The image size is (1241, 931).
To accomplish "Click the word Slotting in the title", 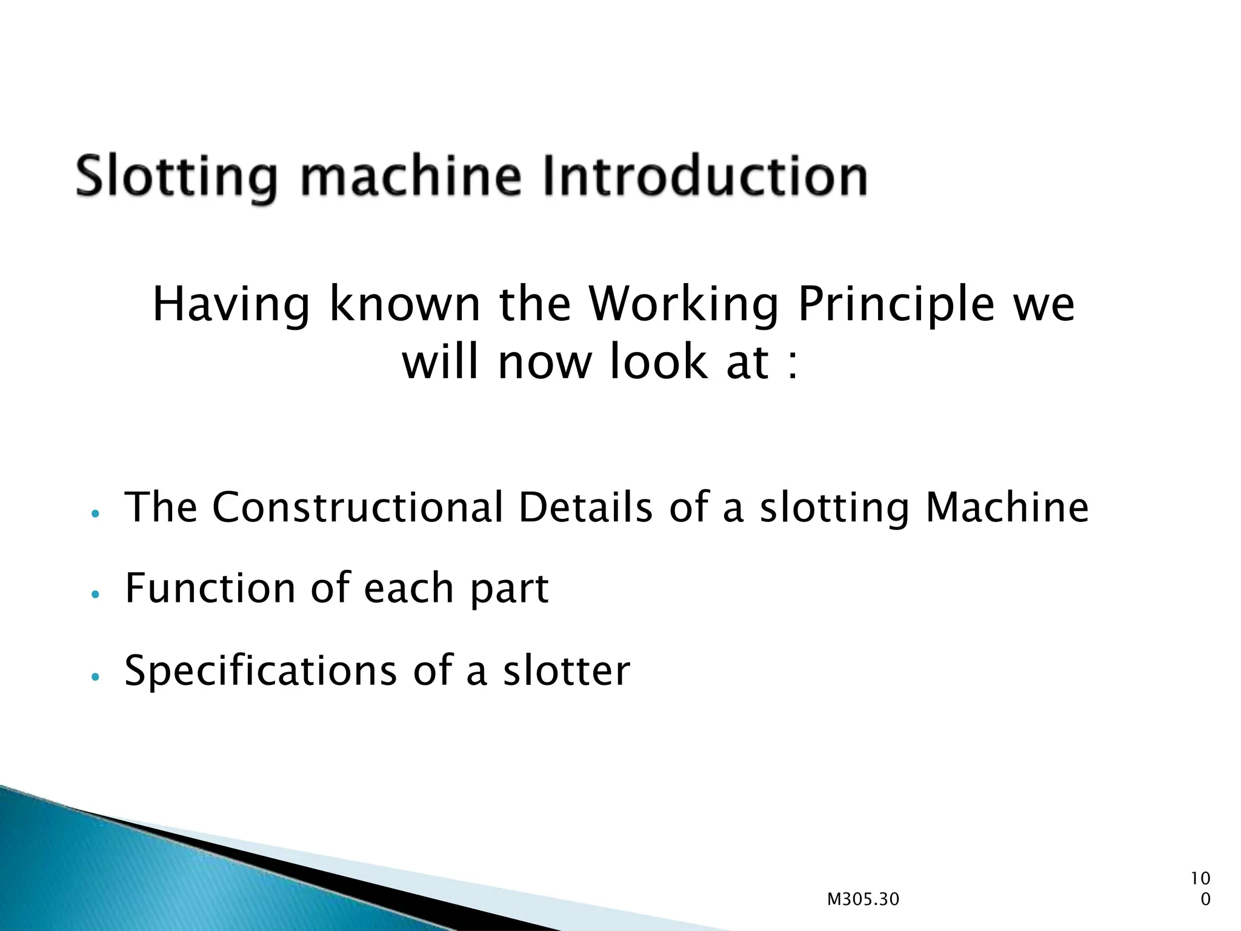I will [x=176, y=176].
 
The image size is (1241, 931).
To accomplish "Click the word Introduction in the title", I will [x=705, y=176].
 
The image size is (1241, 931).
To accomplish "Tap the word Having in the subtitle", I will [x=231, y=304].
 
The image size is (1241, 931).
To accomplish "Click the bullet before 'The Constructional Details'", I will [x=95, y=513].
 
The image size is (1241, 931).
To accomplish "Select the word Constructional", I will [x=358, y=507].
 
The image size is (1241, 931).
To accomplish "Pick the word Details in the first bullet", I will [x=585, y=507].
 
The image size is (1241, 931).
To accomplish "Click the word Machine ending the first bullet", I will [x=1007, y=507].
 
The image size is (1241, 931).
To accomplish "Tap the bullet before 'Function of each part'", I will [x=95, y=595].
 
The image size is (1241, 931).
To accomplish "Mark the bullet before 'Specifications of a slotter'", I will [x=95, y=676].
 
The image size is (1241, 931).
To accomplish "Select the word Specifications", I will [x=261, y=671].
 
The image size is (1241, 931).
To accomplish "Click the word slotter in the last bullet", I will [x=567, y=671].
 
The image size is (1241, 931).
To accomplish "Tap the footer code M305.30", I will [x=863, y=899].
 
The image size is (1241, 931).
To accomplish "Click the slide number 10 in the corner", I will [x=1200, y=878].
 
